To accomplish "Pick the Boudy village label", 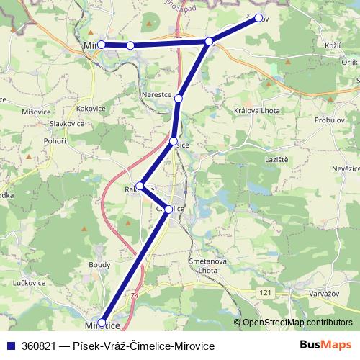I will (99, 264).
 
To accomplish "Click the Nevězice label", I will (343, 167).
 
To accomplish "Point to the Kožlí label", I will (333, 46).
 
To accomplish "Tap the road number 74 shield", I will (135, 295).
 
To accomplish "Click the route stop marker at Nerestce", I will (179, 98).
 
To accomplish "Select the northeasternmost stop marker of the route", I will (258, 19).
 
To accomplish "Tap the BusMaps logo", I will (326, 345).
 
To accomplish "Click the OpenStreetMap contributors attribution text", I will (297, 323).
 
